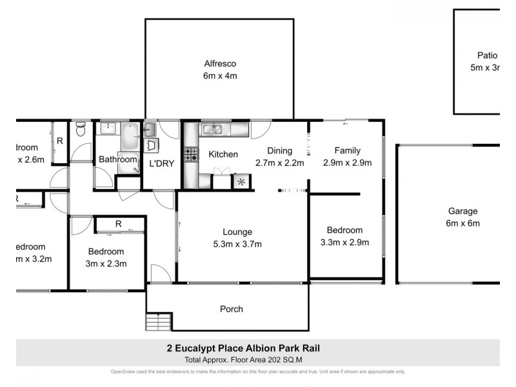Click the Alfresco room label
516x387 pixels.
click(x=219, y=64)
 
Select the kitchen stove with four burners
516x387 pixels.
click(x=192, y=155)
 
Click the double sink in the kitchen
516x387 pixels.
click(x=213, y=130)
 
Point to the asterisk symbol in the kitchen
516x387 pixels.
click(x=241, y=182)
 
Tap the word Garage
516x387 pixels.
click(x=463, y=211)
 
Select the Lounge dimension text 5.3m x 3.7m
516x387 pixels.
click(x=237, y=243)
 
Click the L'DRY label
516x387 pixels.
click(x=162, y=164)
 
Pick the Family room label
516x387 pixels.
click(x=347, y=151)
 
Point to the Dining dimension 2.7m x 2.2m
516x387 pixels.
click(x=280, y=163)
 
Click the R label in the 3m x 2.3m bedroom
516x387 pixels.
click(x=118, y=224)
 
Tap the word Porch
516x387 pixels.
click(x=232, y=309)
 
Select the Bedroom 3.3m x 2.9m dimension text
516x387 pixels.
click(x=344, y=243)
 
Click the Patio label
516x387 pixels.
click(x=488, y=55)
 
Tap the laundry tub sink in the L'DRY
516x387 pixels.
click(x=152, y=144)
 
